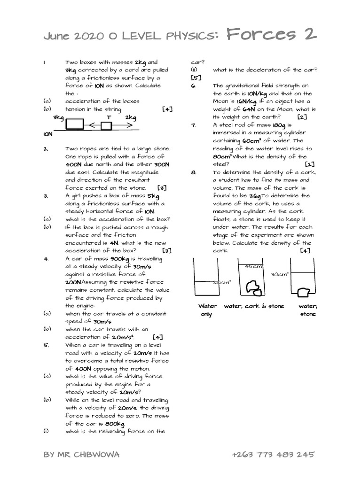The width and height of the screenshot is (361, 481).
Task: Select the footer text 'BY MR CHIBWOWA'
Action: tap(80, 455)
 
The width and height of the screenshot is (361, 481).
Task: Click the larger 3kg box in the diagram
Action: tap(75, 124)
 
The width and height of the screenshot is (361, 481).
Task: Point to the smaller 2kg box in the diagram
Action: tap(106, 125)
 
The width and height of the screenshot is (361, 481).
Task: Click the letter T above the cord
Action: tap(109, 117)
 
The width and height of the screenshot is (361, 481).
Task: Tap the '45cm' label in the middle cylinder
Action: tap(253, 267)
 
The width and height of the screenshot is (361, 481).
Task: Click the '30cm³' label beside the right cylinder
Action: tap(280, 274)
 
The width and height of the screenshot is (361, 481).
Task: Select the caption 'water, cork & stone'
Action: tap(254, 306)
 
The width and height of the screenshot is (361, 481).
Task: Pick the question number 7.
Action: tap(193, 125)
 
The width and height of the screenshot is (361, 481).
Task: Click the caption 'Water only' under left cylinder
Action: tap(207, 310)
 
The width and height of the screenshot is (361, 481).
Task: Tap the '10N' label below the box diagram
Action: tap(47, 134)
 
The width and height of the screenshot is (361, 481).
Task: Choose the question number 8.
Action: tap(193, 172)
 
